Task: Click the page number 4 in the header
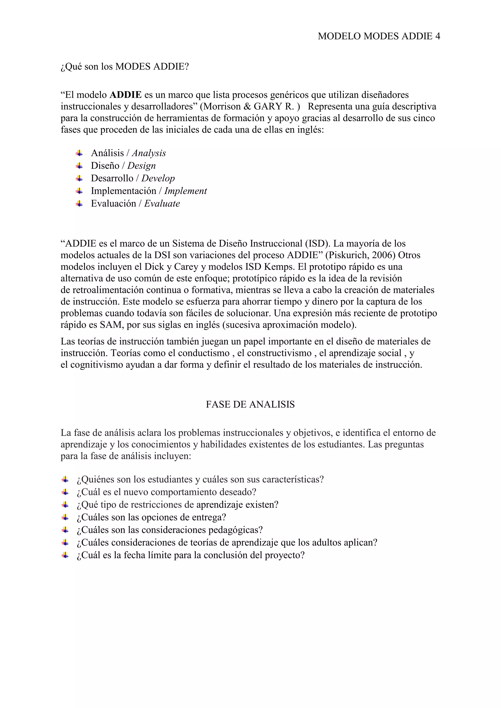(437, 36)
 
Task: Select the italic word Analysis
(149, 153)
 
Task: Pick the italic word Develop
(158, 178)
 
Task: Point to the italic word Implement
(185, 191)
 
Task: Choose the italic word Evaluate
(162, 203)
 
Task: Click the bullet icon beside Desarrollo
(79, 178)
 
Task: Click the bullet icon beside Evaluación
(79, 203)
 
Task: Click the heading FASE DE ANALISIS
(250, 404)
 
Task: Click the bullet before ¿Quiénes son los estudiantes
(65, 479)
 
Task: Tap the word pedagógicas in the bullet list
(235, 530)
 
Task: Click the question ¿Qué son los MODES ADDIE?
(124, 66)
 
